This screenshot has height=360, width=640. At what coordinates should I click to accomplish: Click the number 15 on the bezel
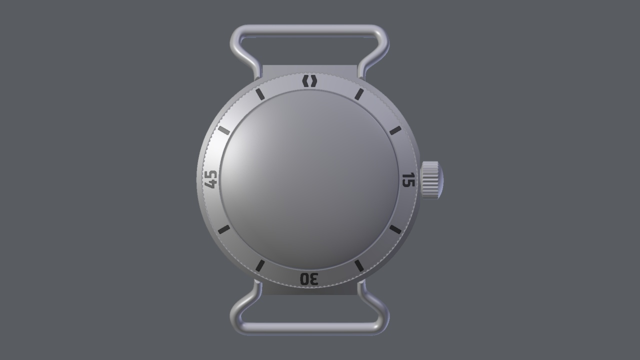pyautogui.click(x=408, y=179)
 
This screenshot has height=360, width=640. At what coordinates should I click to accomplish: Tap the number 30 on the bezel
pyautogui.click(x=309, y=279)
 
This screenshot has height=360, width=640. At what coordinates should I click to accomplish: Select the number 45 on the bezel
pyautogui.click(x=211, y=179)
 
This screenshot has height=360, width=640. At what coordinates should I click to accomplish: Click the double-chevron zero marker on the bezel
pyautogui.click(x=309, y=81)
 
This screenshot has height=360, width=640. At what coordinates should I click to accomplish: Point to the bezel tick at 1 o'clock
pyautogui.click(x=359, y=94)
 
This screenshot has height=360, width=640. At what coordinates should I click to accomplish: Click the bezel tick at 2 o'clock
pyautogui.click(x=395, y=131)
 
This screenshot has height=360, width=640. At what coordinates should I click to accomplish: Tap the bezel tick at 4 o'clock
pyautogui.click(x=395, y=229)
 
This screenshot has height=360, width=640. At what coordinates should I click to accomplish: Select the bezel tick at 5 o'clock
pyautogui.click(x=359, y=265)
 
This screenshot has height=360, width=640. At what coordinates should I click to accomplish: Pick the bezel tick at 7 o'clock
pyautogui.click(x=260, y=265)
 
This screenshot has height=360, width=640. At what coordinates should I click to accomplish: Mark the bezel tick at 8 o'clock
pyautogui.click(x=223, y=229)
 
